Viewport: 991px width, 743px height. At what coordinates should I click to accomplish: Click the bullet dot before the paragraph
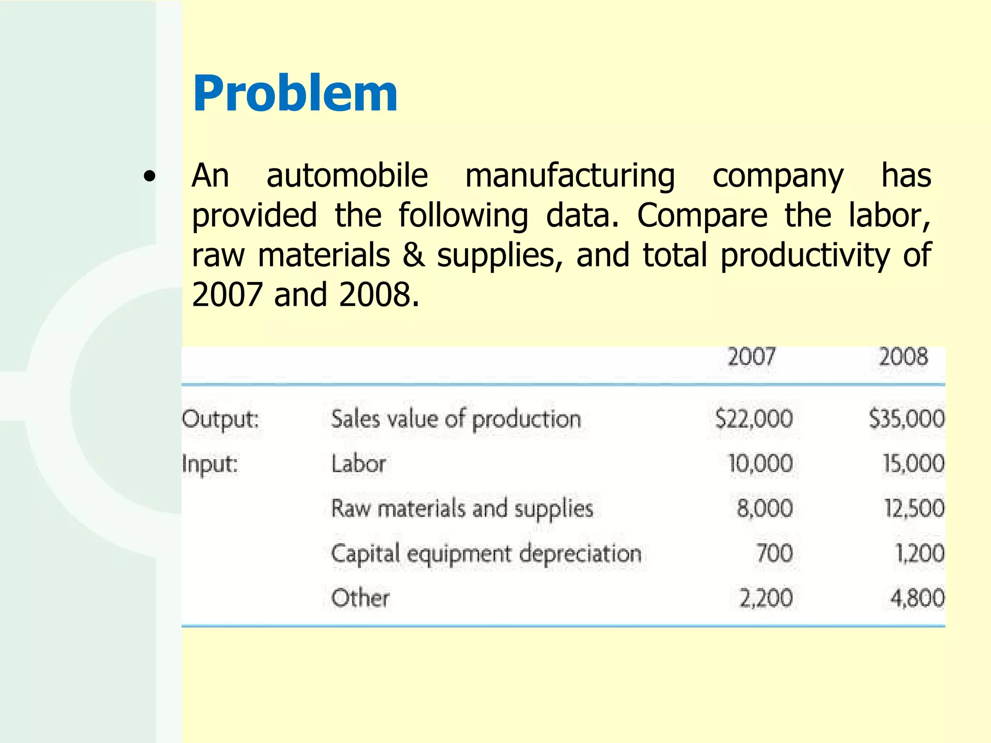coord(150,177)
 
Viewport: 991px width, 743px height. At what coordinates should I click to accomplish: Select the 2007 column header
coord(751,357)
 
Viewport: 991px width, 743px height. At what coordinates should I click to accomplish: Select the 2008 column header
coord(903,357)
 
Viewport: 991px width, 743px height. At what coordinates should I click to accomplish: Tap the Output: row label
coord(221,419)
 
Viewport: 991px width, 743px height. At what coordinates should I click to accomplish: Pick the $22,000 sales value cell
coord(754,419)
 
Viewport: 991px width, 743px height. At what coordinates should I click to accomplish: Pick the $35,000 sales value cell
coord(906,419)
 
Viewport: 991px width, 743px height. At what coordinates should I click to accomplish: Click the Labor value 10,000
coord(760,464)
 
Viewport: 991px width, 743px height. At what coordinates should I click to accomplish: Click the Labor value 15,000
coord(913,464)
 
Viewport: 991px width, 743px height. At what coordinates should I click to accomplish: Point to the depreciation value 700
coord(775,553)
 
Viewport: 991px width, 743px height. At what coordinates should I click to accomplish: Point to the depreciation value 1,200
coord(919,553)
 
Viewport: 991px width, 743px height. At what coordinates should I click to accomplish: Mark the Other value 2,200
coord(766,598)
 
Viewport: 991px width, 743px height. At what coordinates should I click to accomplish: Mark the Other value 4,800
coord(917,598)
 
